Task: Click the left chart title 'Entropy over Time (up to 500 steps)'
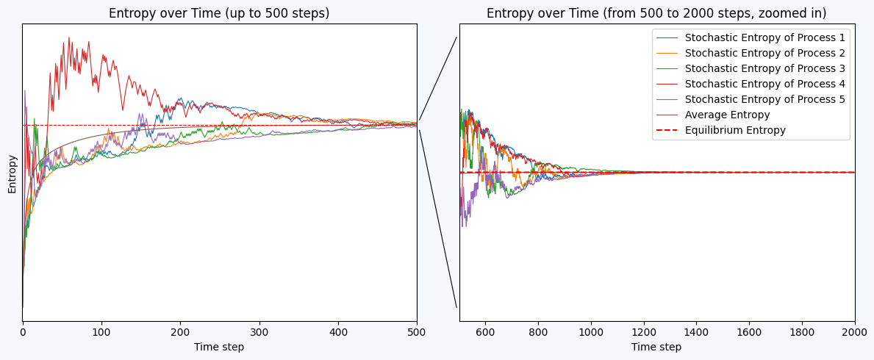tap(219, 13)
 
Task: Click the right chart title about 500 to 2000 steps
tap(656, 13)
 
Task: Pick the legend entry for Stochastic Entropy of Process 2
tap(764, 53)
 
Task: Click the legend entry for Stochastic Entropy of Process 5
tap(764, 99)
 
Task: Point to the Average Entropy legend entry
tap(727, 115)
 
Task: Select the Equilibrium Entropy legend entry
tap(735, 130)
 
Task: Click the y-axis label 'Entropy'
tap(12, 174)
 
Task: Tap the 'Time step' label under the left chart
tap(219, 347)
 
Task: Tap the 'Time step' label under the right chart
tap(656, 347)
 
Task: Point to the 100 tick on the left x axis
tap(101, 332)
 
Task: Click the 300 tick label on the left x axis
tap(259, 332)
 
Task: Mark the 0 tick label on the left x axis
tap(23, 332)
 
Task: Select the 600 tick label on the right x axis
tap(485, 332)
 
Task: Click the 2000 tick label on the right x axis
tap(854, 332)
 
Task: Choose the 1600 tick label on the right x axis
tap(749, 332)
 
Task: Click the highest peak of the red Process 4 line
tap(69, 37)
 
